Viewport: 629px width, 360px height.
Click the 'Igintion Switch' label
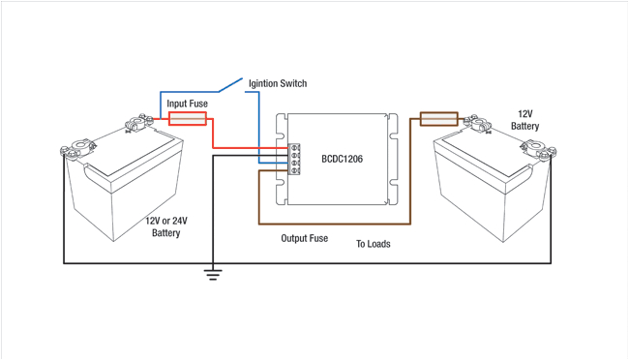point(278,83)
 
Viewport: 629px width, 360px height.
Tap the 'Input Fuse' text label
point(187,104)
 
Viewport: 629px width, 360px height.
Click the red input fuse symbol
point(188,118)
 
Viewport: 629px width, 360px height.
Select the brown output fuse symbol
point(438,119)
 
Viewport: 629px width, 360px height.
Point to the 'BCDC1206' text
point(342,159)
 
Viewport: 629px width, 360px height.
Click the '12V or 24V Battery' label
point(166,226)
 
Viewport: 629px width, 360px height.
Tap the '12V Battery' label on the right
point(524,119)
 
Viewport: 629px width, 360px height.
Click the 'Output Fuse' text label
point(304,238)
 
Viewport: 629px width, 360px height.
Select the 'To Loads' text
point(374,244)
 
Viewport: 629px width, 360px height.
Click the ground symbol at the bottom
point(213,273)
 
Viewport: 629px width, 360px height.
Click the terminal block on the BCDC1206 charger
point(293,159)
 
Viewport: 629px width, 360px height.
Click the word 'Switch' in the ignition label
point(291,83)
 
